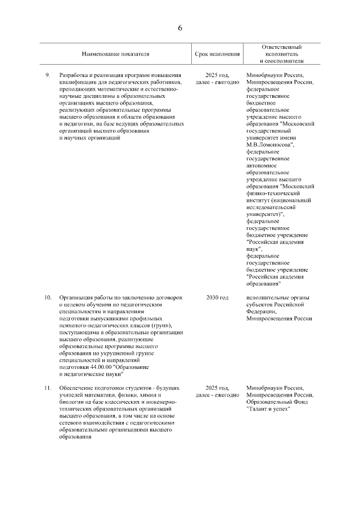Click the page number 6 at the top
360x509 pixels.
[180, 28]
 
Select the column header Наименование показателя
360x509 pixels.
[115, 54]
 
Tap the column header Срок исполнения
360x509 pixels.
[217, 54]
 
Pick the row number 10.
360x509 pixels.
[48, 297]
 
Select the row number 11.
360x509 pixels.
[48, 388]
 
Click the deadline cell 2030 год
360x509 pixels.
[217, 297]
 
